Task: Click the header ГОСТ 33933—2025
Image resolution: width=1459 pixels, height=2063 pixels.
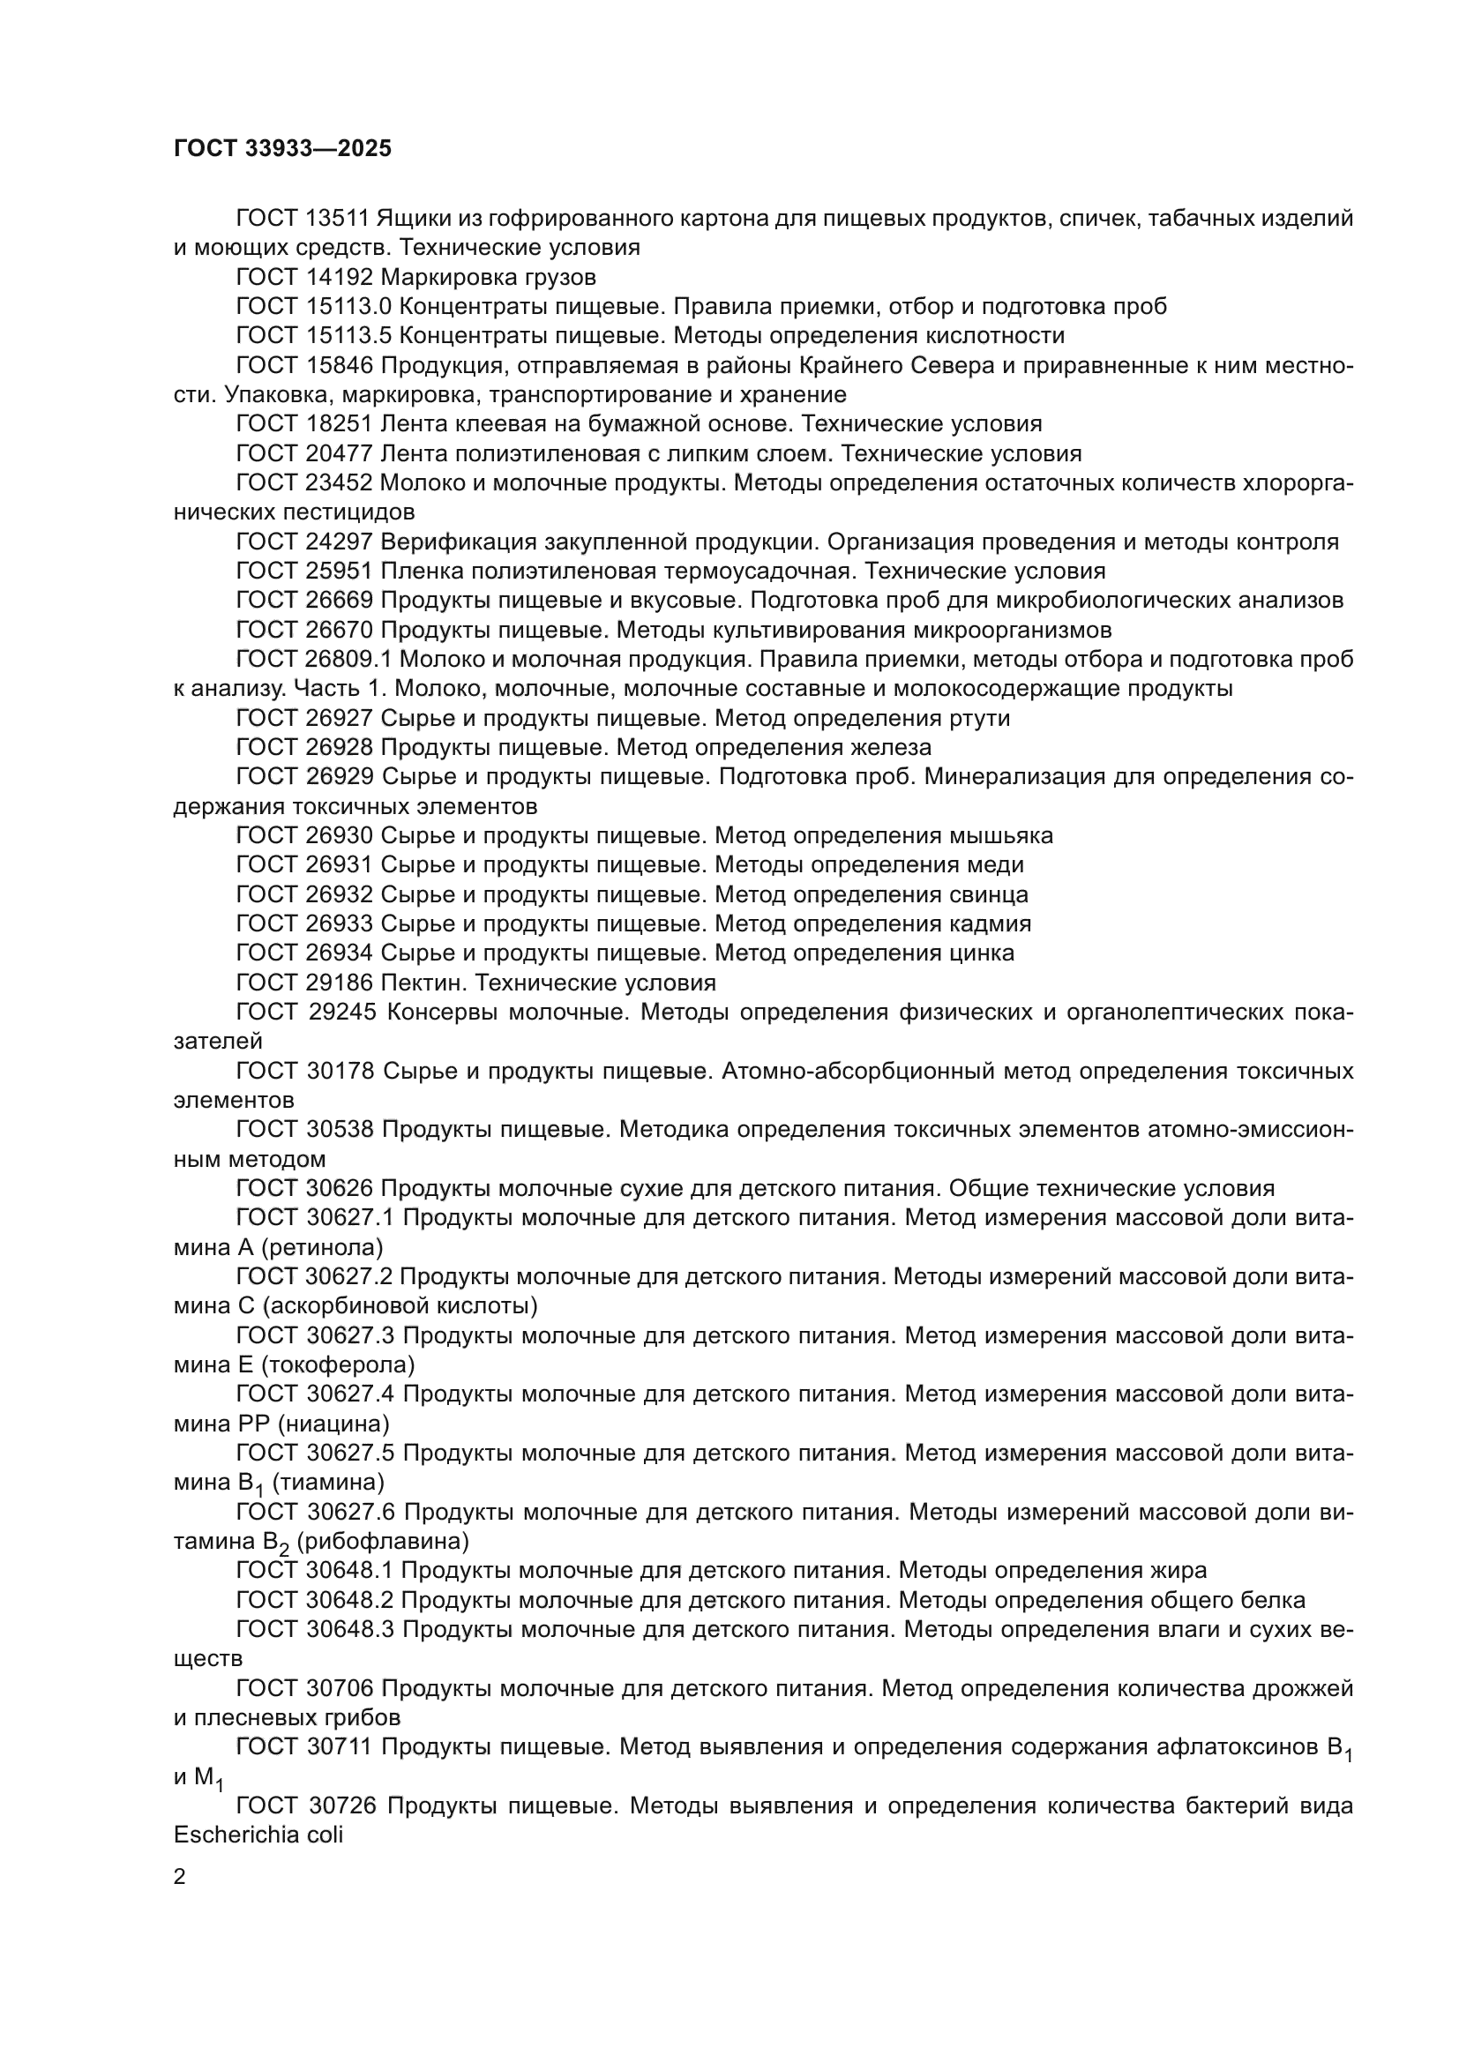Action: [283, 149]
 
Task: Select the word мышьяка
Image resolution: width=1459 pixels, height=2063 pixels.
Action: [1001, 835]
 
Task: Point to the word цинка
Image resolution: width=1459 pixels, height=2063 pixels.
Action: [982, 953]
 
